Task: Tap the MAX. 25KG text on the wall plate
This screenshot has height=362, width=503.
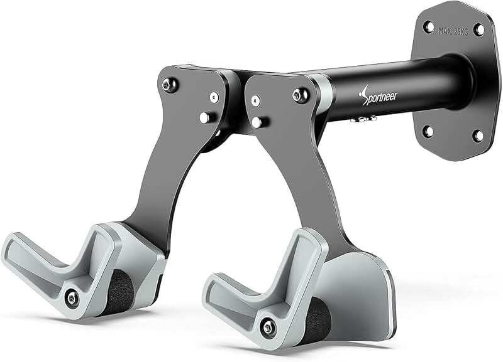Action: coord(453,32)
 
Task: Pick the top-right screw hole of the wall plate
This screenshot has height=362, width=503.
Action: coord(478,29)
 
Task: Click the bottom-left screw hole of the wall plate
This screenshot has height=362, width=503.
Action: coord(428,131)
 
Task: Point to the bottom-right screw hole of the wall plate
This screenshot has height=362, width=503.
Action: coord(478,136)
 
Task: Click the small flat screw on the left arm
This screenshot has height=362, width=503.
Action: coord(214,97)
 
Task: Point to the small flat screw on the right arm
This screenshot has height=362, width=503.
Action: coord(255,100)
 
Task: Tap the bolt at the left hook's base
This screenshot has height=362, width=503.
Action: coord(73,298)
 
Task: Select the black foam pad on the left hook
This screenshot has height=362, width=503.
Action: coord(119,292)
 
